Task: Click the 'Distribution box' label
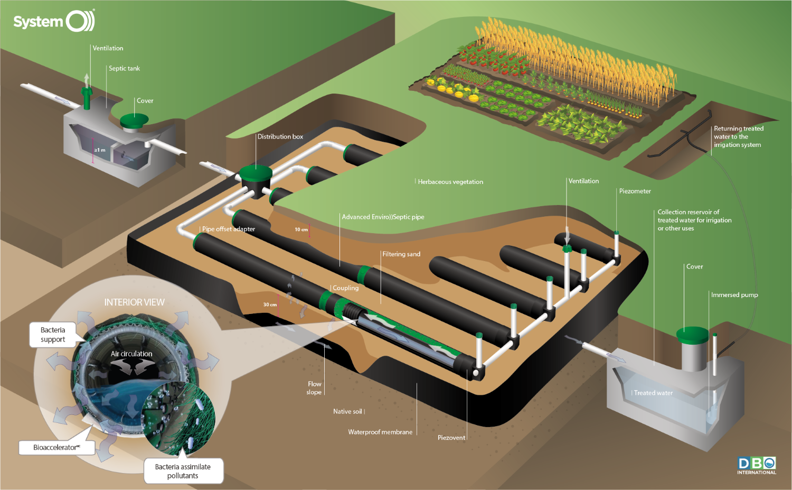coord(280,137)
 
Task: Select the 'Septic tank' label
coord(124,68)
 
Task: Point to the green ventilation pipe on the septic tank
coord(87,97)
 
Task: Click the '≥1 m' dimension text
coord(100,150)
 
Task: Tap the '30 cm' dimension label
coord(270,304)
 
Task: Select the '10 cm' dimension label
coord(301,229)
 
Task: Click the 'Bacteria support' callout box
coord(53,335)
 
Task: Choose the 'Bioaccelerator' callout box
coord(57,448)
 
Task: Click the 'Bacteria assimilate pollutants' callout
coord(183,471)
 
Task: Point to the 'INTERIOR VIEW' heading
coord(134,302)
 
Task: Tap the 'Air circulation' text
coord(131,354)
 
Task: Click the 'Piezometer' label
coord(635,191)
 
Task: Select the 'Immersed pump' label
coord(734,295)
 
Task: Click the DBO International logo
coord(757,465)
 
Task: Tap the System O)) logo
coord(54,21)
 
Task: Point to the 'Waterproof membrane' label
coord(380,432)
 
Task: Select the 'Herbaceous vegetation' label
coord(450,182)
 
